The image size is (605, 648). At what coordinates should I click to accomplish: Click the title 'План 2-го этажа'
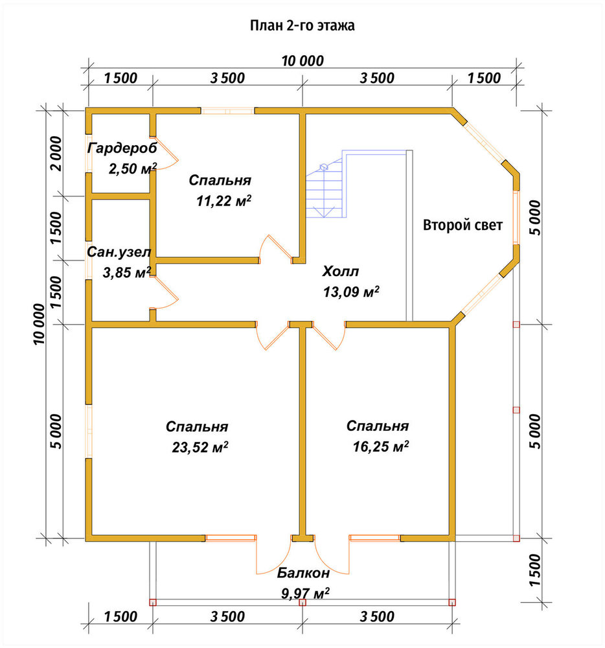[x=302, y=26]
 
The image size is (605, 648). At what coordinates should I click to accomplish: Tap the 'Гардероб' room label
[x=122, y=148]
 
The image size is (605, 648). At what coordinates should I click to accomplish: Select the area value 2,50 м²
[x=133, y=168]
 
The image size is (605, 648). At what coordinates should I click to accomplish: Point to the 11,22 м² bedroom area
[x=224, y=202]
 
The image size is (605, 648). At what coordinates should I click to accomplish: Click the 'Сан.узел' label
[x=119, y=251]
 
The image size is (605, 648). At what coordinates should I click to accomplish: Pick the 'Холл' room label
[x=340, y=272]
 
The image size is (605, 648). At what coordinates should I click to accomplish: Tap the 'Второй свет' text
[x=462, y=226]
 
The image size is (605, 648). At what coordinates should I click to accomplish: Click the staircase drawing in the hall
[x=326, y=184]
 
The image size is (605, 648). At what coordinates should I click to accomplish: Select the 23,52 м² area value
[x=200, y=447]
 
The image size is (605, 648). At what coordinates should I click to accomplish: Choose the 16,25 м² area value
[x=381, y=446]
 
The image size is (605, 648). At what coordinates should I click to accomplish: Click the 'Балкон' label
[x=303, y=573]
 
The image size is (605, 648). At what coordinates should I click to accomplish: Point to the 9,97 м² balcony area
[x=305, y=594]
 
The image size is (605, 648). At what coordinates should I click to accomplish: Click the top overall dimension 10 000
[x=302, y=61]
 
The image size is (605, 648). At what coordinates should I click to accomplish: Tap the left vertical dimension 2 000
[x=56, y=154]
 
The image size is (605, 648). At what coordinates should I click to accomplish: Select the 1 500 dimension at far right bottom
[x=534, y=570]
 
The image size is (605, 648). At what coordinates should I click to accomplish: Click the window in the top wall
[x=227, y=111]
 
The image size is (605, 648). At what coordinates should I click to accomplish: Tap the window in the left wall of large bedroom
[x=88, y=431]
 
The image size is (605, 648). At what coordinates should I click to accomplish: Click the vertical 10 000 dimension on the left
[x=39, y=325]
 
